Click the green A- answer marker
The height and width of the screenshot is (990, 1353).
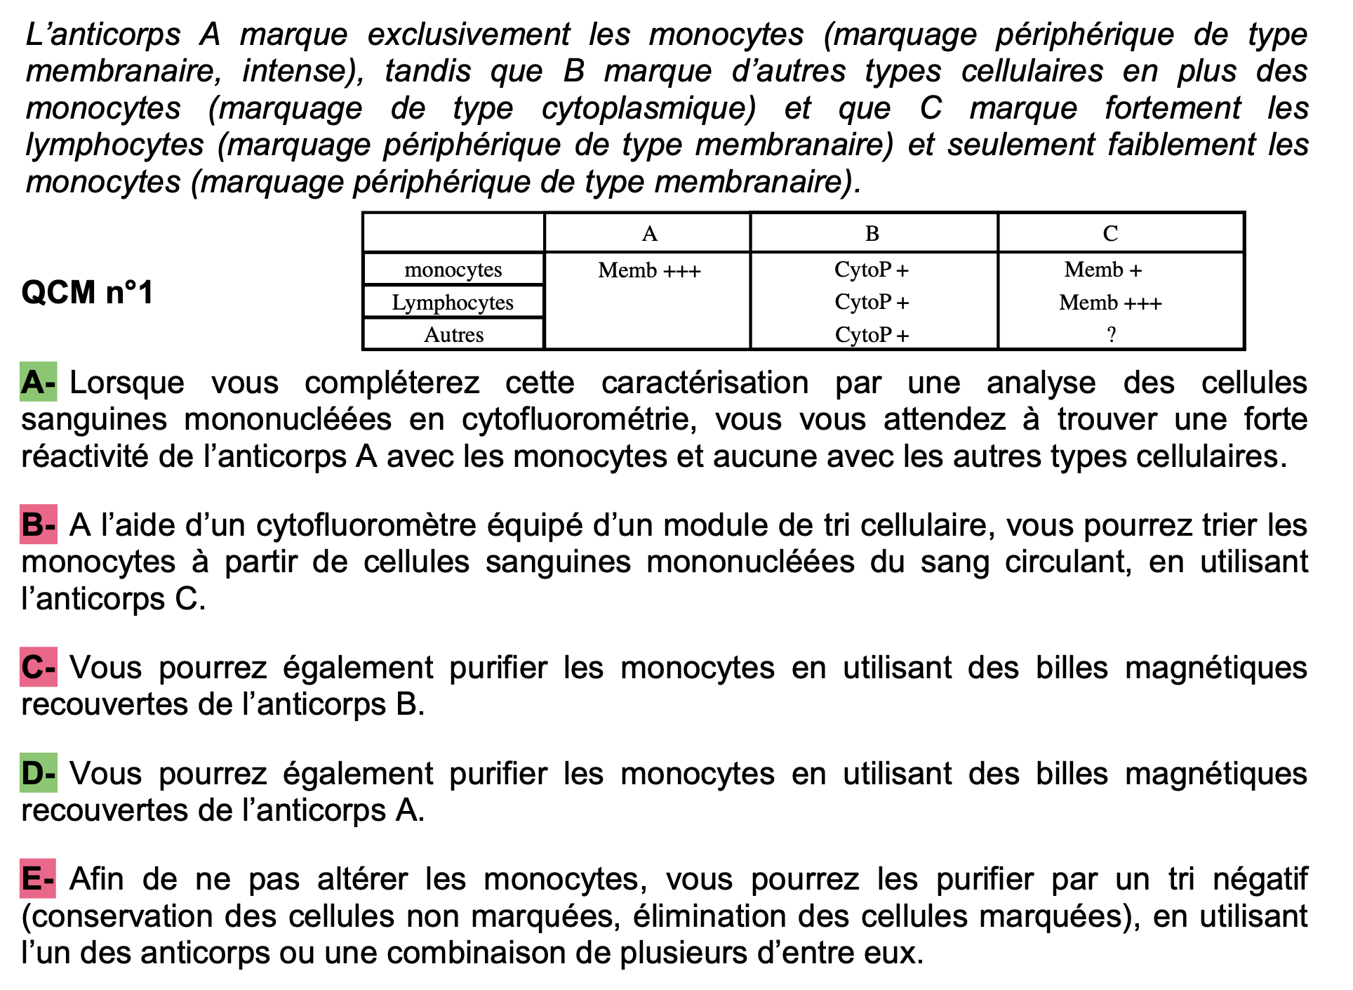pos(38,383)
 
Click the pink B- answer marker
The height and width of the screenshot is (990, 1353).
pos(38,525)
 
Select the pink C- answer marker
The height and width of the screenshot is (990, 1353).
pos(38,668)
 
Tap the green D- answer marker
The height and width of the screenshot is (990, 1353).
pos(38,774)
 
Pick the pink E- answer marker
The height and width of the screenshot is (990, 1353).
pos(38,879)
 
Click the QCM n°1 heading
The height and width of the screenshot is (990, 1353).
pos(87,292)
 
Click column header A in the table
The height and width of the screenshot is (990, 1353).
pos(649,234)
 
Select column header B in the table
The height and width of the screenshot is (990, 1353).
pos(872,234)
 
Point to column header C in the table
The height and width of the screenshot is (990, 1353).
pos(1110,234)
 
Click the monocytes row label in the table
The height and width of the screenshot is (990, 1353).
pos(453,270)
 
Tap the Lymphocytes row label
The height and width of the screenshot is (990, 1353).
pos(453,303)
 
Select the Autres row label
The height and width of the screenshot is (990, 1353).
pos(453,335)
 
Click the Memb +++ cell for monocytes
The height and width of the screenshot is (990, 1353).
pos(649,270)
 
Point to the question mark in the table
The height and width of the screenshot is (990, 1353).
pos(1111,335)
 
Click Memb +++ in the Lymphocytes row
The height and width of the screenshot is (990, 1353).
pos(1110,303)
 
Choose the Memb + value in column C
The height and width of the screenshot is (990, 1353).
pos(1103,270)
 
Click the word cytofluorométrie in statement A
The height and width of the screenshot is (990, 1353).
pos(579,420)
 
